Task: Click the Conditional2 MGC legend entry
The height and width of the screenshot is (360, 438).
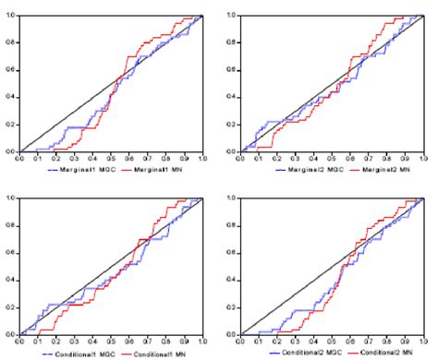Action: (299, 353)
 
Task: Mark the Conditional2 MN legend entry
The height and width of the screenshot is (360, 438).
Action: (378, 353)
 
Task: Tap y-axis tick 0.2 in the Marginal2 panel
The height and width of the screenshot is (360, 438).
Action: (234, 124)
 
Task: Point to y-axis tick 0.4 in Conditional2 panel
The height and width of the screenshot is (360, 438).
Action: (234, 279)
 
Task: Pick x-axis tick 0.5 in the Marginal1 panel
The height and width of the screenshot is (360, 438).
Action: (112, 157)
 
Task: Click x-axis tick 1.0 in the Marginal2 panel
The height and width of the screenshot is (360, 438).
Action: (423, 157)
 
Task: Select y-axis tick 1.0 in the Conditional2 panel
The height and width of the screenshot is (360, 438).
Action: (234, 198)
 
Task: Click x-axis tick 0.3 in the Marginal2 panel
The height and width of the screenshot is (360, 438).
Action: (297, 157)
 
